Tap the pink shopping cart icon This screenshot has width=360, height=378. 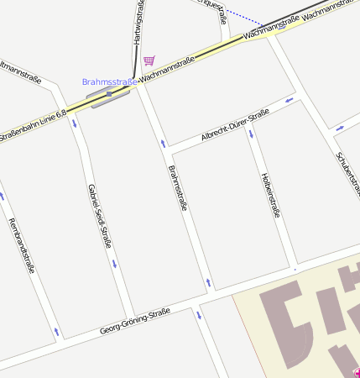149,60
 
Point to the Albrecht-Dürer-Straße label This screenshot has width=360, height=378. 235,124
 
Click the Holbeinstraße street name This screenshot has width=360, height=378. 270,193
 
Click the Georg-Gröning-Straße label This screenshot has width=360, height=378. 134,321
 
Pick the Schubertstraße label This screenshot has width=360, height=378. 347,172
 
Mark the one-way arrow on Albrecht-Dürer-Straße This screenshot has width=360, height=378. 290,101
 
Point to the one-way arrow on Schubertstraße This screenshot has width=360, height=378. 339,128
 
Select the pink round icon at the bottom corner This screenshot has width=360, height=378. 356,373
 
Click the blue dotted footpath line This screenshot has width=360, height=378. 243,17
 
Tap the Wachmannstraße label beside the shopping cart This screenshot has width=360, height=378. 169,70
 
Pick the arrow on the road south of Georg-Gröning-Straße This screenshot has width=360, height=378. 199,316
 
